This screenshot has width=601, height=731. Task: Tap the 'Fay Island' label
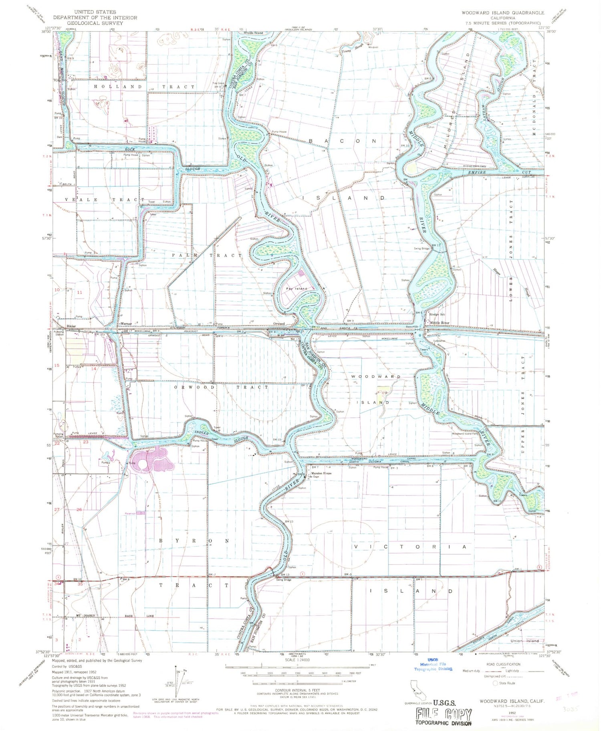pyautogui.click(x=296, y=289)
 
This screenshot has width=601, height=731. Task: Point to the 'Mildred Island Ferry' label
pyautogui.click(x=474, y=166)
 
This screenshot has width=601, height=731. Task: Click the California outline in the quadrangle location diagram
pyautogui.click(x=415, y=688)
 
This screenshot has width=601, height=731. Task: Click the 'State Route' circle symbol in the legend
pyautogui.click(x=496, y=683)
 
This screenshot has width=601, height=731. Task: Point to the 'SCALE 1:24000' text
pyautogui.click(x=297, y=660)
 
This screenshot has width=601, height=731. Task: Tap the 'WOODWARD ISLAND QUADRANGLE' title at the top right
pyautogui.click(x=502, y=13)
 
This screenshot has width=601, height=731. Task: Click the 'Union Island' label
pyautogui.click(x=524, y=641)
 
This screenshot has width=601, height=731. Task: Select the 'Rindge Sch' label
pyautogui.click(x=437, y=315)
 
